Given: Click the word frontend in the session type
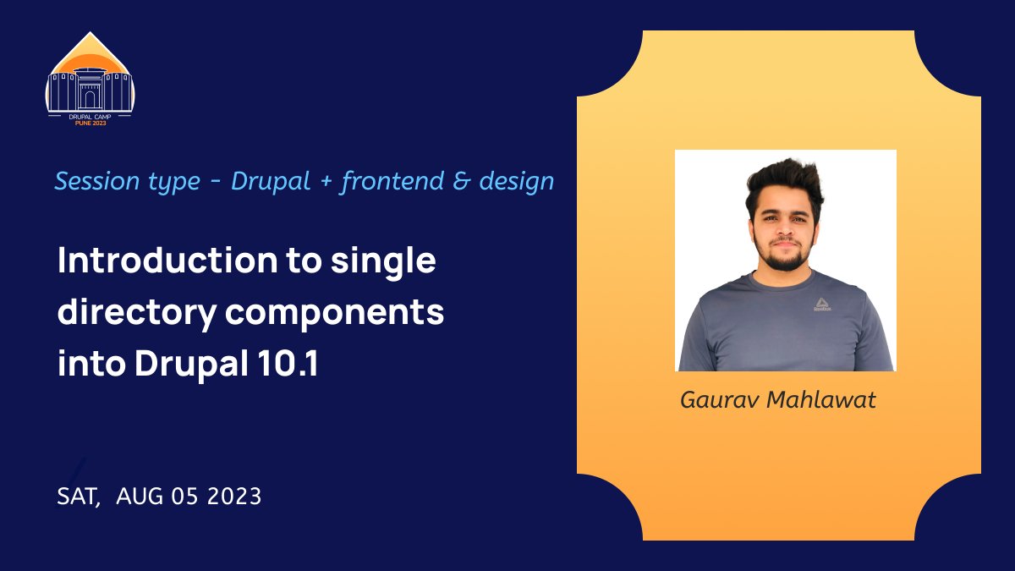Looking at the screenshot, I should pos(392,181).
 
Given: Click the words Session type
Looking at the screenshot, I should pos(127,181).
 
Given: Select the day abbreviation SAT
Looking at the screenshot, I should pos(77,497).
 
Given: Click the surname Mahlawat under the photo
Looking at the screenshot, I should pos(820,400).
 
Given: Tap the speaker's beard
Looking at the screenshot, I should pos(785,255).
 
